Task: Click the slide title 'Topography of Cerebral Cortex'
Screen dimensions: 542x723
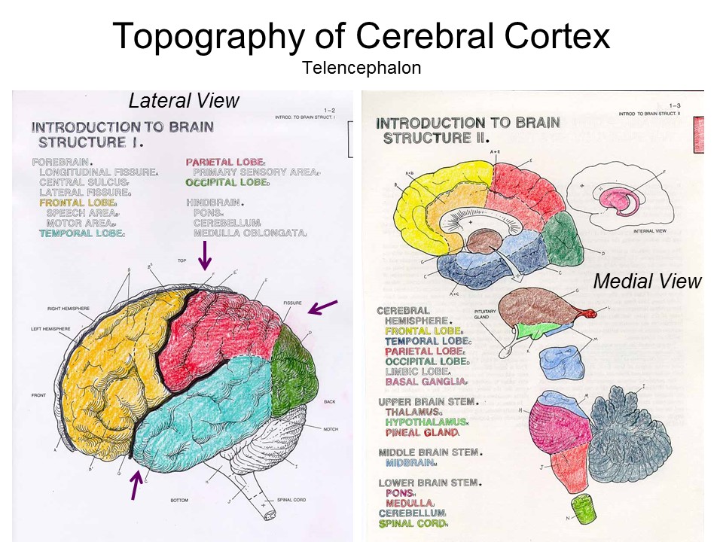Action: pyautogui.click(x=361, y=36)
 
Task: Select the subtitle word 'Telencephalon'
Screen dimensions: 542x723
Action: pyautogui.click(x=361, y=68)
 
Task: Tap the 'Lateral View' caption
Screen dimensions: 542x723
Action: pyautogui.click(x=184, y=101)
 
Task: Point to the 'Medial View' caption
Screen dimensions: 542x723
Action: pyautogui.click(x=647, y=282)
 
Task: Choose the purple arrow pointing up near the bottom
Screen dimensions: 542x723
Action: pyautogui.click(x=136, y=483)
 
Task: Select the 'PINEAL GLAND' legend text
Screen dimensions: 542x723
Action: pyautogui.click(x=421, y=433)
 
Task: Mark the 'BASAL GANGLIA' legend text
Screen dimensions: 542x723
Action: pyautogui.click(x=425, y=382)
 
